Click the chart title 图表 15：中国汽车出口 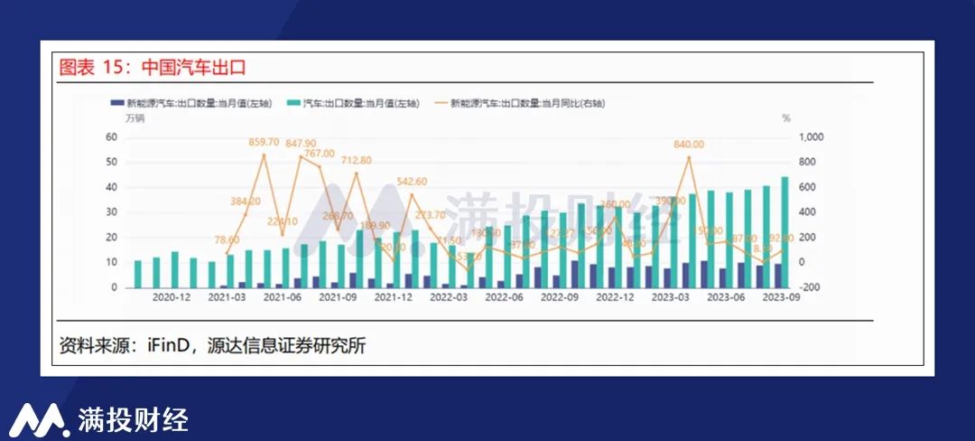[x=152, y=68]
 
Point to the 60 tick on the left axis [x=112, y=137]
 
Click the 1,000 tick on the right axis [x=811, y=137]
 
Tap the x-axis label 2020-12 [x=171, y=298]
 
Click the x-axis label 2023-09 [x=781, y=298]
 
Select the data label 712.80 [x=356, y=160]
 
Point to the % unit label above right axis [x=785, y=118]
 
